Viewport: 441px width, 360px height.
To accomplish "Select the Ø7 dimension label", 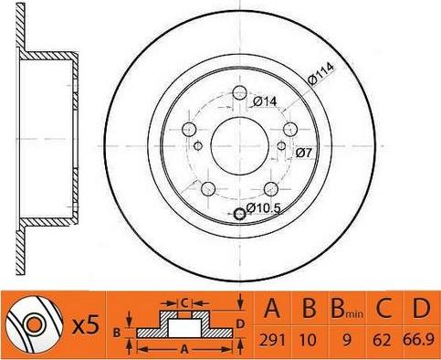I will pyautogui.click(x=305, y=153).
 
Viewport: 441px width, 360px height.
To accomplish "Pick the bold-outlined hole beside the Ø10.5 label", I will pyautogui.click(x=240, y=214).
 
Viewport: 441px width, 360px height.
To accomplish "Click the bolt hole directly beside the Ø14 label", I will pyautogui.click(x=241, y=93).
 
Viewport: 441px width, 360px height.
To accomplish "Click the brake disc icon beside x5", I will pyautogui.click(x=33, y=325).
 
